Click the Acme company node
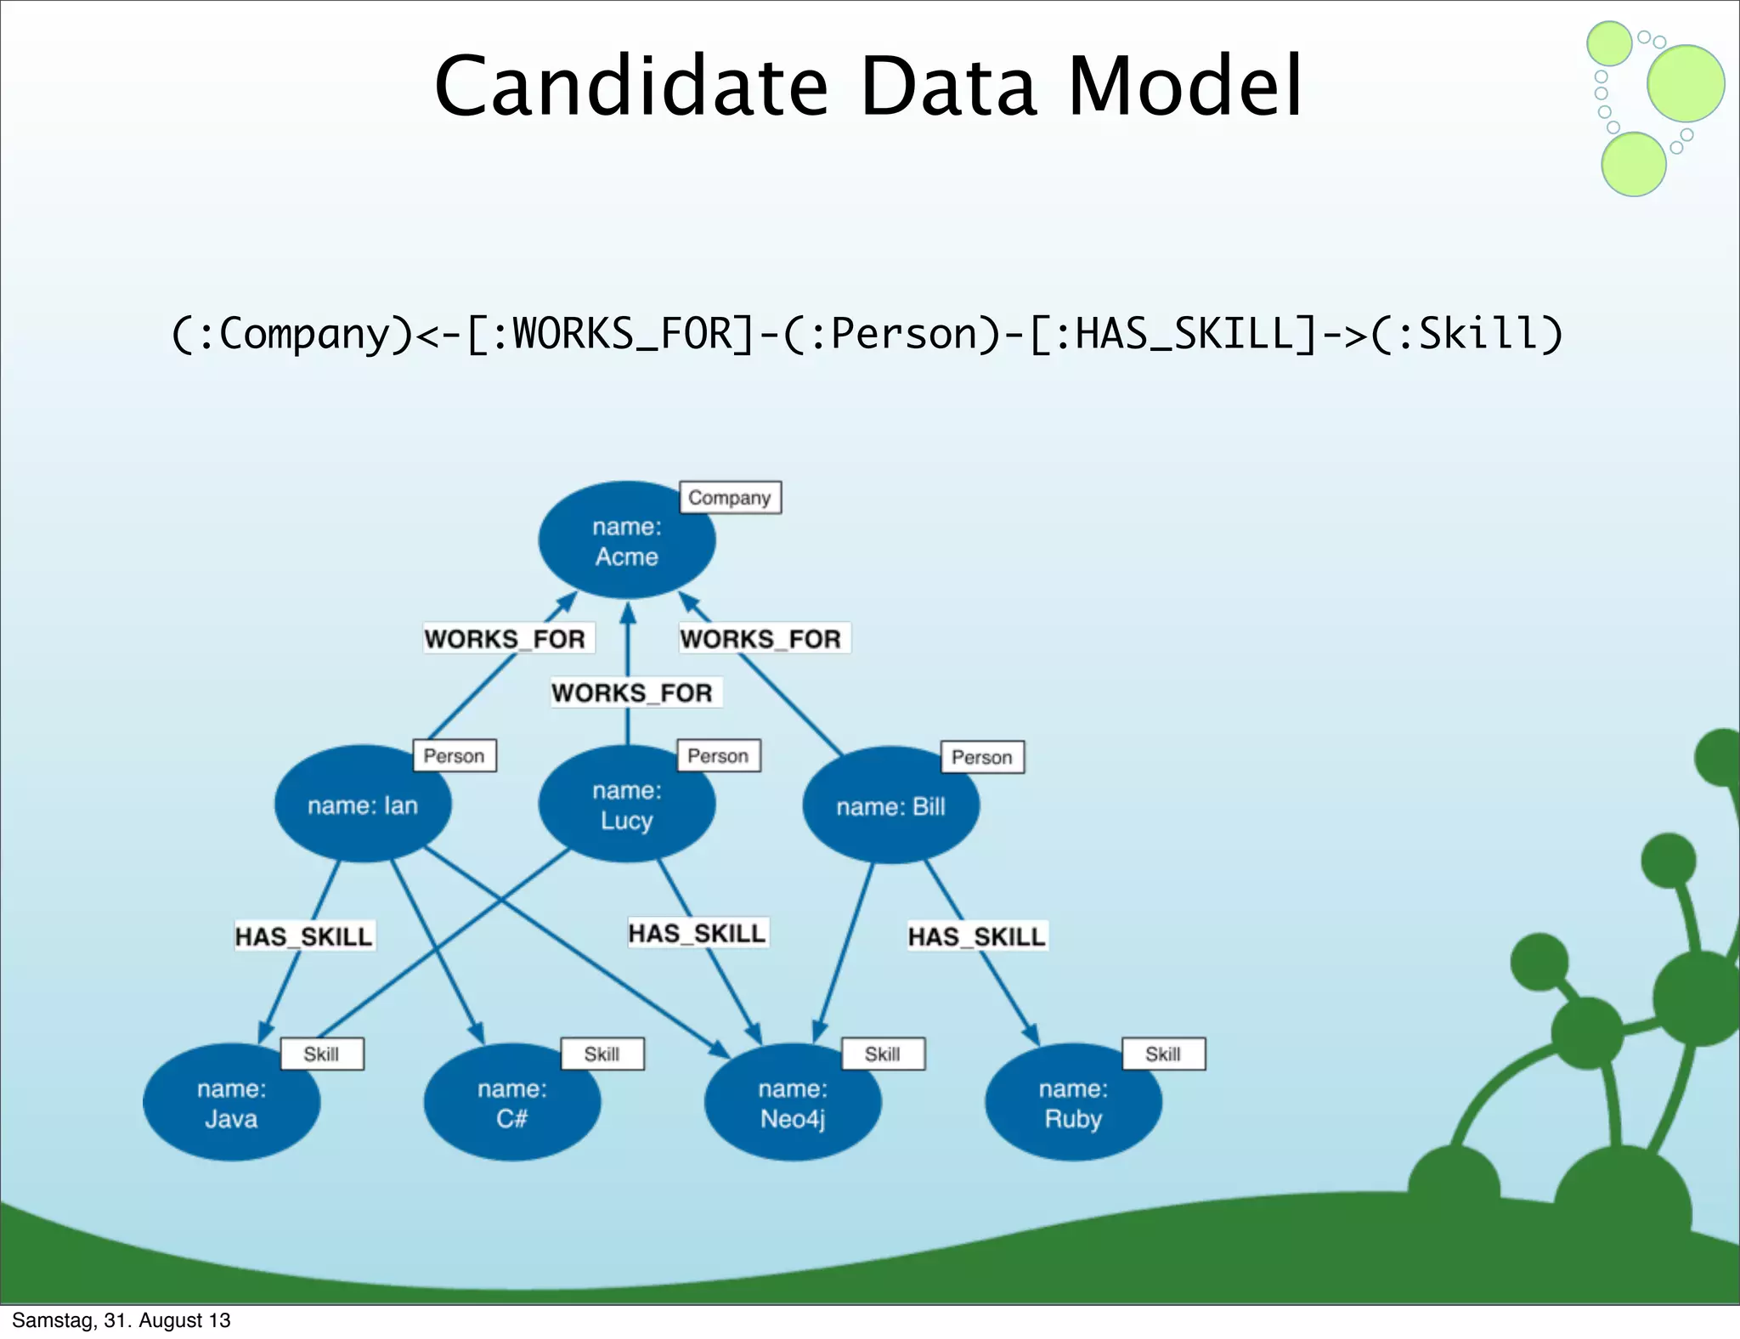click(x=626, y=541)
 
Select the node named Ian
click(x=363, y=805)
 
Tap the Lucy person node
click(x=626, y=805)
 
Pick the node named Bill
click(x=890, y=806)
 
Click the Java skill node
click(x=231, y=1103)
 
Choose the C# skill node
click(x=511, y=1103)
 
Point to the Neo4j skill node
click(x=792, y=1103)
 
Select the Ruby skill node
click(x=1073, y=1103)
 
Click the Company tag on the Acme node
click(x=730, y=498)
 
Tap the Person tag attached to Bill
click(x=982, y=757)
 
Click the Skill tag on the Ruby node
click(x=1163, y=1054)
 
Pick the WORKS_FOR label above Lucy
click(x=633, y=692)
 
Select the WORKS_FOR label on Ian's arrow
click(x=506, y=638)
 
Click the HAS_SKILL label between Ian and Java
click(x=304, y=936)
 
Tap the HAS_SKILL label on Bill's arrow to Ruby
click(x=977, y=936)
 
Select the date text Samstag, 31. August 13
click(x=121, y=1320)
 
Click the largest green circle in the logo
click(x=1686, y=83)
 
